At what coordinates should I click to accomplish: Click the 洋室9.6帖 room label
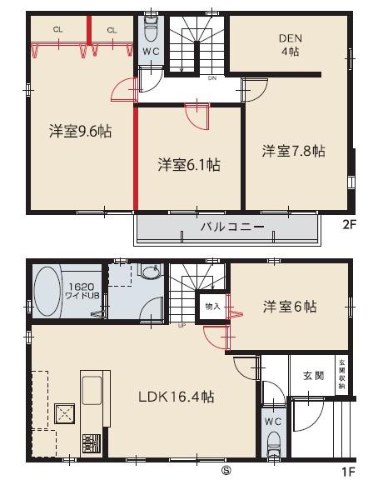[x=81, y=131]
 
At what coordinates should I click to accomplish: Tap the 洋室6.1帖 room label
[x=189, y=164]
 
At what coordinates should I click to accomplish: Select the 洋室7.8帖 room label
[x=294, y=151]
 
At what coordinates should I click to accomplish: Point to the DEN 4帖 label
[x=290, y=43]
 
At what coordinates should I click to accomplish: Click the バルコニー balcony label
[x=231, y=227]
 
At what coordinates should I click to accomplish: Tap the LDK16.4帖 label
[x=176, y=397]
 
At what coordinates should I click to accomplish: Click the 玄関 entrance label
[x=313, y=375]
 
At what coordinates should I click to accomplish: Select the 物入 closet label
[x=211, y=306]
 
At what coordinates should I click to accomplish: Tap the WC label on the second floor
[x=151, y=52]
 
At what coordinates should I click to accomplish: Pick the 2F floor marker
[x=349, y=223]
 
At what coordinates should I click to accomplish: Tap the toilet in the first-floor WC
[x=274, y=446]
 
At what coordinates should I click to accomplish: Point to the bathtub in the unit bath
[x=47, y=292]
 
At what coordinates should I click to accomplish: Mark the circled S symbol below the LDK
[x=225, y=470]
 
